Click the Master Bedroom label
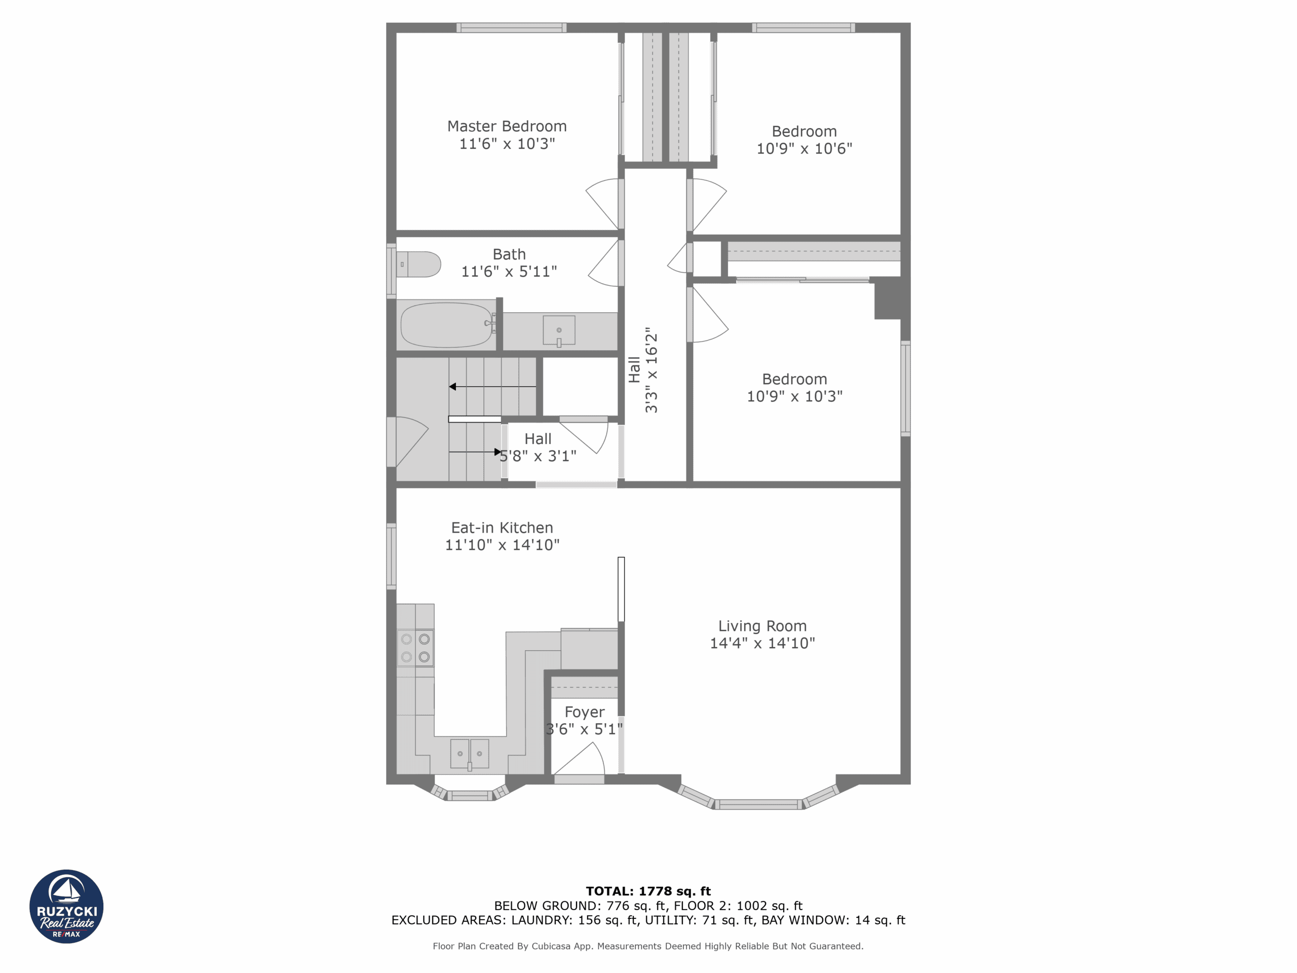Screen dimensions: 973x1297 (x=507, y=126)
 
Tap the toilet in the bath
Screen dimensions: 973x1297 (x=419, y=265)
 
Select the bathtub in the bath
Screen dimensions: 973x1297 (x=446, y=325)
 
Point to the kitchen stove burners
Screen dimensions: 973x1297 (x=415, y=648)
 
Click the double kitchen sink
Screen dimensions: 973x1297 (x=469, y=754)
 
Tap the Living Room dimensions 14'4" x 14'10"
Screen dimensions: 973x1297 (x=762, y=644)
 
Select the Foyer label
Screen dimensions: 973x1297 (x=584, y=712)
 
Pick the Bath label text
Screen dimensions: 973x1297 (x=509, y=254)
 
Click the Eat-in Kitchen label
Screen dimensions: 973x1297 (x=502, y=528)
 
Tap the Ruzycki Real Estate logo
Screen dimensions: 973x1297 (x=66, y=906)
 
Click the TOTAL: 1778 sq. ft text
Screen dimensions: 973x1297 (x=648, y=891)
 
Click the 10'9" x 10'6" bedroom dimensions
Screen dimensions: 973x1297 (x=804, y=149)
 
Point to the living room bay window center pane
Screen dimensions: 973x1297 (x=759, y=805)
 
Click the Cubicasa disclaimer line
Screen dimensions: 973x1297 (x=648, y=946)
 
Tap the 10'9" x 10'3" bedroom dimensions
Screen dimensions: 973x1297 (x=794, y=396)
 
